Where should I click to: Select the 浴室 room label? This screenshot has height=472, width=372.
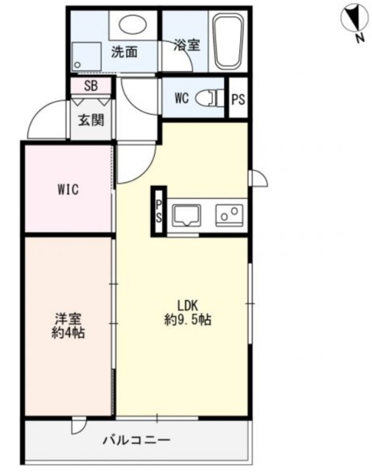pos(186,45)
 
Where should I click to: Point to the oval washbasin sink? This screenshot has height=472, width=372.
pos(133,25)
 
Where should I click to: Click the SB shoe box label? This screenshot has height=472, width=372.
pos(91,86)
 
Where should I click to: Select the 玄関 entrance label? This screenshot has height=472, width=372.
pos(91,121)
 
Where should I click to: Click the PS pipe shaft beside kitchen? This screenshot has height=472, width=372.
pos(158,211)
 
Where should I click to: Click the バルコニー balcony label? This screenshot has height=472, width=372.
pos(136,440)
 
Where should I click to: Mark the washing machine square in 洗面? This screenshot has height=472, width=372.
pos(87,54)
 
